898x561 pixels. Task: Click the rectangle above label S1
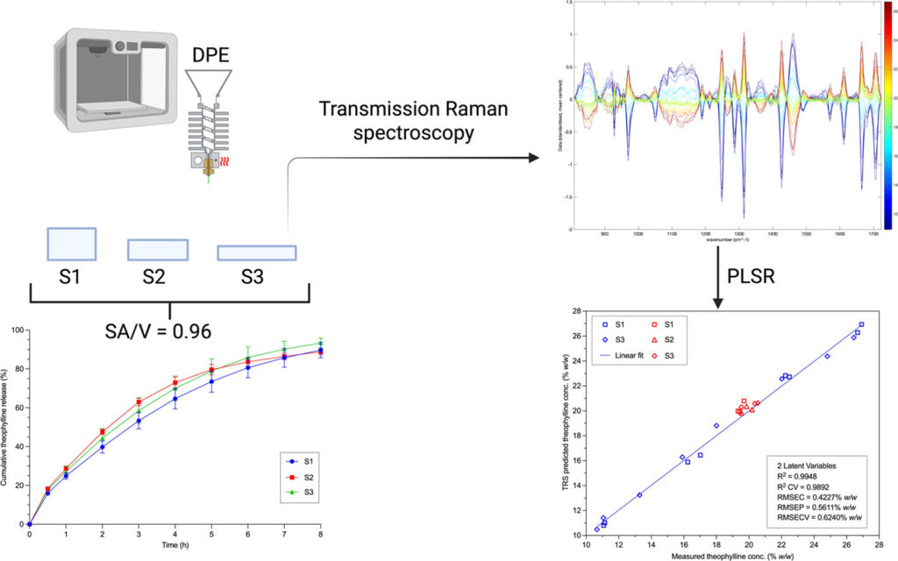pos(71,242)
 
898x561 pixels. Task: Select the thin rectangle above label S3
pos(256,252)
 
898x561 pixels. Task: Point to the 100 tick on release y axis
pos(18,330)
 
